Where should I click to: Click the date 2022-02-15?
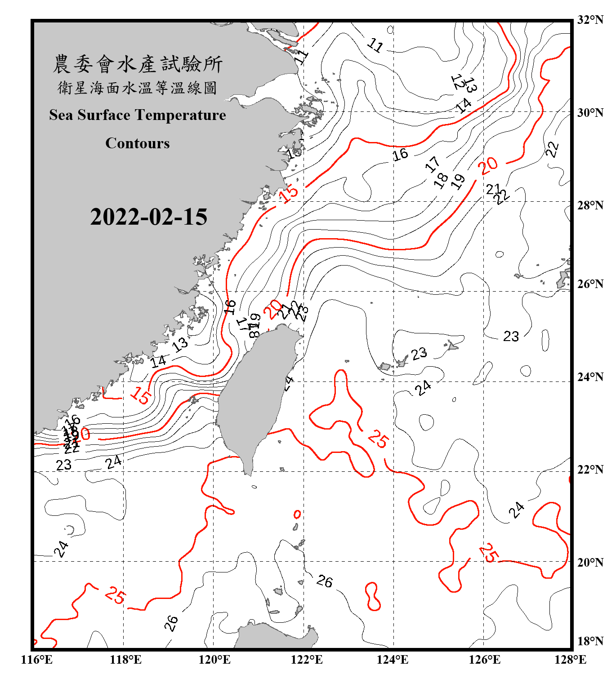coord(148,217)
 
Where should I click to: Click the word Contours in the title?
coord(138,143)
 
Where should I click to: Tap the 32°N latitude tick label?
coord(590,20)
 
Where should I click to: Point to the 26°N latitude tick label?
coord(590,284)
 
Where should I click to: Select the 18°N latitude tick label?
coord(590,641)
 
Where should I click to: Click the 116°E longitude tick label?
coord(37,660)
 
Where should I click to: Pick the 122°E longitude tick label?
coord(307,660)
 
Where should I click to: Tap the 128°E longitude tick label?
coord(570,660)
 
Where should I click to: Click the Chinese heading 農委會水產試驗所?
coord(138,64)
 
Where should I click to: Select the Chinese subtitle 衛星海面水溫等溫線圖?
coord(138,88)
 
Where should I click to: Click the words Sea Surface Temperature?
coord(138,115)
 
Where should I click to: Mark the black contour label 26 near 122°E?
coord(324,581)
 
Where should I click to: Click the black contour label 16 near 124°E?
coord(400,155)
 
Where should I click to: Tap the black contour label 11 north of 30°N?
coord(375,45)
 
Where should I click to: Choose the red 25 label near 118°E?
coord(115,596)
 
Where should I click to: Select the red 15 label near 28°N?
coord(288,193)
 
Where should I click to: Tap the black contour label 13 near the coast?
coord(180,345)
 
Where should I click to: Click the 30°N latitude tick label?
coord(590,113)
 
